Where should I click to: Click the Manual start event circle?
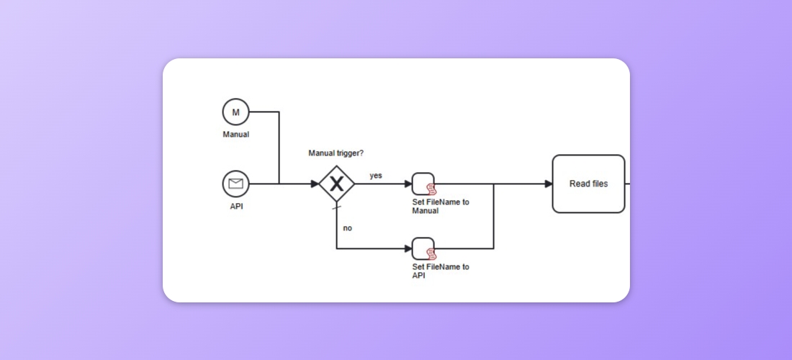pos(235,112)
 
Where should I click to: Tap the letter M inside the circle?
pos(235,112)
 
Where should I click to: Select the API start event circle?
pos(235,184)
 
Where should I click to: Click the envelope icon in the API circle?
pos(235,184)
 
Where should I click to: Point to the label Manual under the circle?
pos(235,134)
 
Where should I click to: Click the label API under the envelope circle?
pos(235,206)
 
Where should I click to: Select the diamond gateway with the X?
pos(336,184)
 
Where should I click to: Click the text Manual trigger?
pos(336,153)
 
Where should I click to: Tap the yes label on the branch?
pos(376,176)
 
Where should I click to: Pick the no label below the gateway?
pos(347,228)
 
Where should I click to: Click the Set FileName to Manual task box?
pos(423,184)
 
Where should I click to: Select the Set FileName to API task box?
pos(423,248)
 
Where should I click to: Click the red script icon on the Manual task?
pos(431,189)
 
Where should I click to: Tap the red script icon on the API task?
pos(431,254)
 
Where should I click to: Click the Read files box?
pos(588,184)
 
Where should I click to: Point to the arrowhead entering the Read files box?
pos(549,184)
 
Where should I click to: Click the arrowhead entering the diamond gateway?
pos(315,184)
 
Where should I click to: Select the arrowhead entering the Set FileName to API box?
pos(408,248)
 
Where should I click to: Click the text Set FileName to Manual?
pos(440,207)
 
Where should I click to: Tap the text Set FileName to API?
pos(440,271)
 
